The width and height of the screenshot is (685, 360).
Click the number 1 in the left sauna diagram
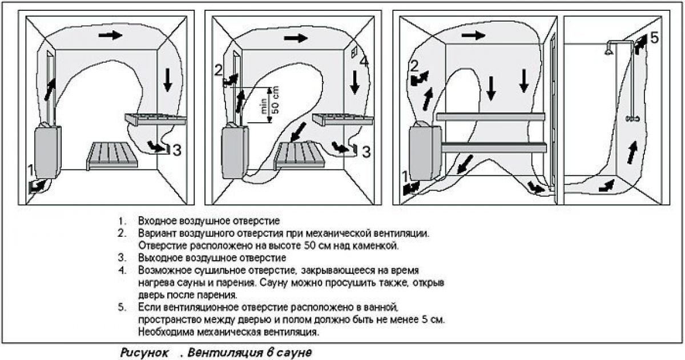[30, 170]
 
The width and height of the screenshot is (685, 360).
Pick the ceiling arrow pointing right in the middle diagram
[296, 38]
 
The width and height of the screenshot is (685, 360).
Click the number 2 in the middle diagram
[217, 71]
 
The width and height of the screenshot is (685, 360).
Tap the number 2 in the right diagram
[415, 65]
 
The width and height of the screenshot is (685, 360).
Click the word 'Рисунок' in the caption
[142, 353]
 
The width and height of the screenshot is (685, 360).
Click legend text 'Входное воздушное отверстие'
[208, 220]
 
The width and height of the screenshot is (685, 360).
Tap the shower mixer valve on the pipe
[631, 118]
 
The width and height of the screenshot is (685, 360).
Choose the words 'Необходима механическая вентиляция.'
[228, 331]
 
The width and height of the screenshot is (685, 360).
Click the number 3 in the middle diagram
[366, 152]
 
